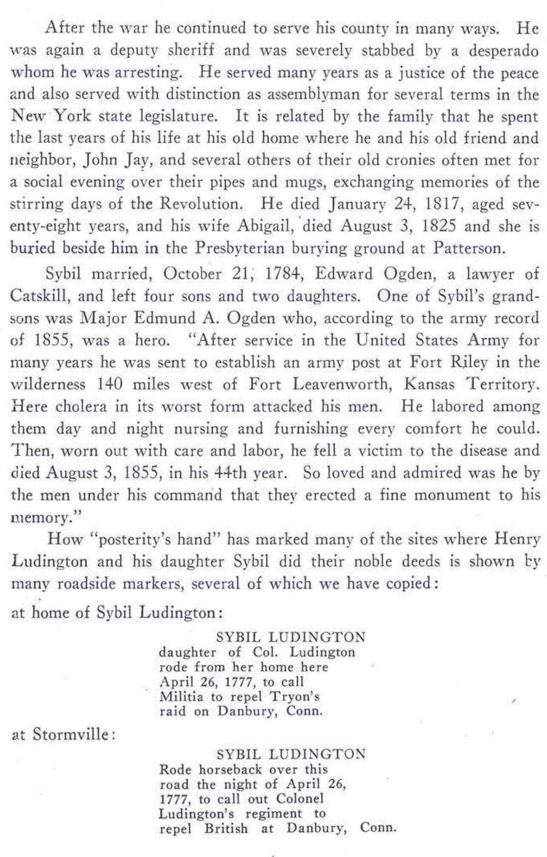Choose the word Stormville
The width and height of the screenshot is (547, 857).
tap(69, 735)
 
